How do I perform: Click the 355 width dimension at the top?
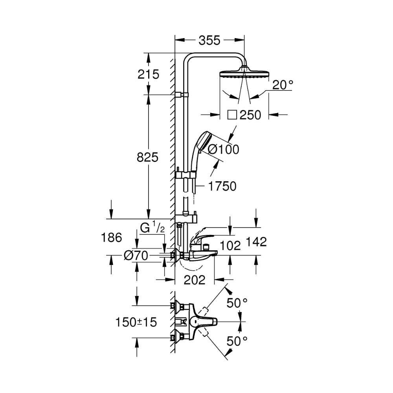[x=210, y=40]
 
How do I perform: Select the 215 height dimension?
[x=149, y=74]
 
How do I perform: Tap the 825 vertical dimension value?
[x=147, y=157]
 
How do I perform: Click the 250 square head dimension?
[x=250, y=115]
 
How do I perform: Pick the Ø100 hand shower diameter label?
[x=223, y=149]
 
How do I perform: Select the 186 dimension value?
[x=111, y=237]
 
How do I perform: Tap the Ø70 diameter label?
[x=136, y=256]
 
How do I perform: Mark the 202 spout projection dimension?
[x=195, y=280]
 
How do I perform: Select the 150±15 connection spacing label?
[x=136, y=322]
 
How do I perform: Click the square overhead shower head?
[x=244, y=74]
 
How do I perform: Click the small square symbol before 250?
[x=232, y=115]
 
